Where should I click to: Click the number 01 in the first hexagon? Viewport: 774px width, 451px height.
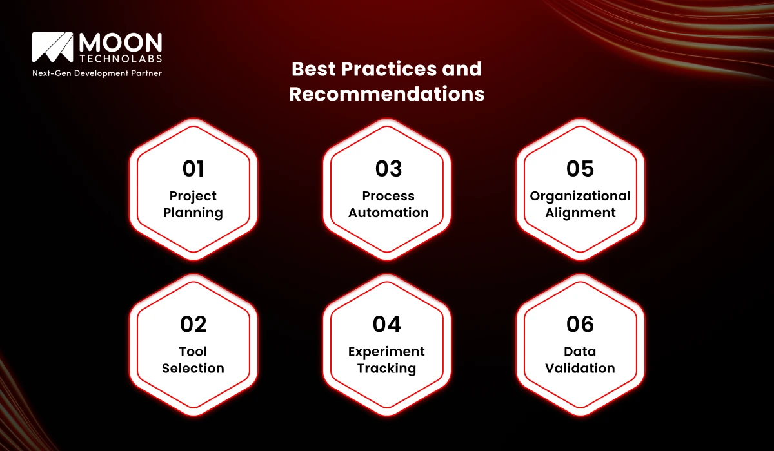(193, 169)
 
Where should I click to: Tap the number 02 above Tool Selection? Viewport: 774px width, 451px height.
(193, 324)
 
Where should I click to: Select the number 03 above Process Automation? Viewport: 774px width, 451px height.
(388, 169)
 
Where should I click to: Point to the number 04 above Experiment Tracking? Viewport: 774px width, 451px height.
(387, 324)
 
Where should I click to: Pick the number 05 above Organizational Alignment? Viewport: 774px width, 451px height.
(580, 169)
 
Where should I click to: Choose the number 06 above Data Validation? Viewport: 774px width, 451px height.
(580, 324)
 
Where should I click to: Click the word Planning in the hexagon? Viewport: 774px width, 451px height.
(193, 213)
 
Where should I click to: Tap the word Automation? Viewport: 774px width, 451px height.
(388, 213)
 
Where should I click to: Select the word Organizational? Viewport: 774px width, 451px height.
(580, 196)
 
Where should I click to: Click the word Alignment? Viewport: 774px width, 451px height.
(580, 213)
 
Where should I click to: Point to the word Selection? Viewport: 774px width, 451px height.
(193, 369)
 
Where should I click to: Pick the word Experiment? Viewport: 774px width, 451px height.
(387, 352)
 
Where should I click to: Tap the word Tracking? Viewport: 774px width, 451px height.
(387, 369)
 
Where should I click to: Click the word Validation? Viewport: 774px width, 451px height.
(580, 369)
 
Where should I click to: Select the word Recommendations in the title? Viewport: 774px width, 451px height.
(386, 94)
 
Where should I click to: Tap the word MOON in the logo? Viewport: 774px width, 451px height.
(120, 43)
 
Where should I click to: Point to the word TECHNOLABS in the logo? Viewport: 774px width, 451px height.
(120, 59)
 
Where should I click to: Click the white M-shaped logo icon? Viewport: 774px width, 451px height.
(52, 48)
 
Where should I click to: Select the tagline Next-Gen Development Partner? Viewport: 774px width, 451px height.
(97, 73)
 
